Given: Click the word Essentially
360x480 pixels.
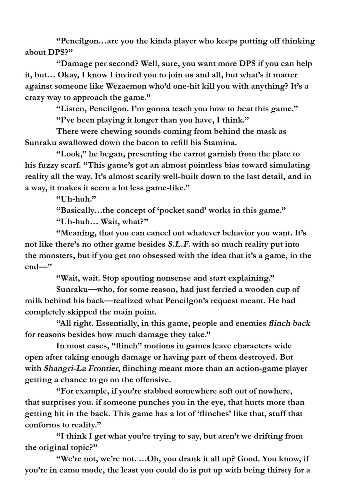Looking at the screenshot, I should pyautogui.click(x=118, y=324).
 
